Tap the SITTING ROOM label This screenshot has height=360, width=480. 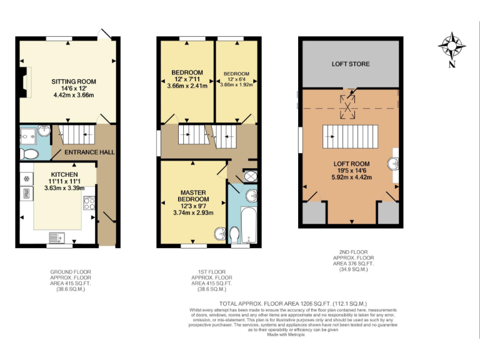click(74, 81)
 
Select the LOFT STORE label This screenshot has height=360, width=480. click(350, 64)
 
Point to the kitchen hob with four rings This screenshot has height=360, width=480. click(89, 203)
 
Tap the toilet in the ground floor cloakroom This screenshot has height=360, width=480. click(29, 153)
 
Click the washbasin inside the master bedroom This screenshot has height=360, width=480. click(219, 234)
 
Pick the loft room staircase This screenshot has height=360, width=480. click(350, 135)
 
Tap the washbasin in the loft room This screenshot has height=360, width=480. click(393, 164)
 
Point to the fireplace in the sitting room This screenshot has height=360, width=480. click(23, 81)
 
